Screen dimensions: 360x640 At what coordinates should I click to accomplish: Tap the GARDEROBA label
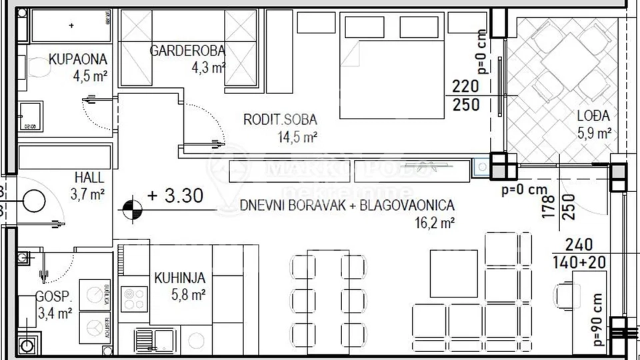click(187, 50)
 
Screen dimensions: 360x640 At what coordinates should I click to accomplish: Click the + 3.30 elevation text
click(175, 197)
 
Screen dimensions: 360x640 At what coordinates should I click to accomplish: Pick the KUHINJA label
click(179, 277)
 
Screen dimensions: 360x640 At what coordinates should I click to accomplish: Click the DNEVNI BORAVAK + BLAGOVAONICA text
click(347, 205)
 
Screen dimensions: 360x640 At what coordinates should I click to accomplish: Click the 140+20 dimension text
click(579, 262)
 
